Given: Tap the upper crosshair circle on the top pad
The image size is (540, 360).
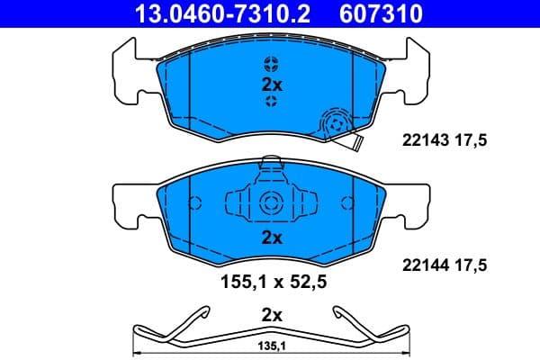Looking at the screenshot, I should click(x=271, y=63).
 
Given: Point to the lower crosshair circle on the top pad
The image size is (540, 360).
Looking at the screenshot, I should click(x=271, y=102).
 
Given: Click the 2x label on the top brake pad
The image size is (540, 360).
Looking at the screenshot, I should click(x=271, y=85).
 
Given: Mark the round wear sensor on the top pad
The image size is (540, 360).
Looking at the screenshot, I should click(x=336, y=123).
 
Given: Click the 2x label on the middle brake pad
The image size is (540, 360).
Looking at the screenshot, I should click(x=271, y=238).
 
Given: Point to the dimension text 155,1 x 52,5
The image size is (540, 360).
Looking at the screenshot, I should click(x=273, y=280).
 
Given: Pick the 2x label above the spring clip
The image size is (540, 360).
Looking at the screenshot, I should click(x=271, y=315).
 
